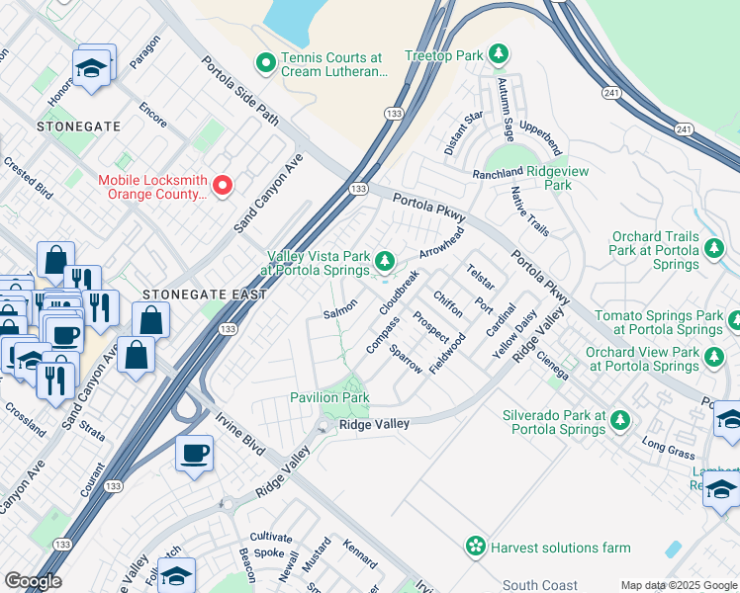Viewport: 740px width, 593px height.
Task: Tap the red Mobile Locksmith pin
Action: point(224,184)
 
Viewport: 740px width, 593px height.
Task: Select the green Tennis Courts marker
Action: point(265,64)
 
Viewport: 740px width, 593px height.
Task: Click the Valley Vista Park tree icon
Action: point(386,261)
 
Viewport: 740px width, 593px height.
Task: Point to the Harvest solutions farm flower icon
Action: point(476,547)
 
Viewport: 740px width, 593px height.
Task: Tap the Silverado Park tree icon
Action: point(620,421)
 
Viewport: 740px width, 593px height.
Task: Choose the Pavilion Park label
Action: point(329,397)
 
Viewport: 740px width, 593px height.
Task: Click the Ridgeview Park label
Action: point(557,178)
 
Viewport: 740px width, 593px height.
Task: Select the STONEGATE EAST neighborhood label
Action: point(204,295)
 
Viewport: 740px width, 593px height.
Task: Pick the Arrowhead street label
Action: point(441,243)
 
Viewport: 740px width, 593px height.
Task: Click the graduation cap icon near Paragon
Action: point(91,67)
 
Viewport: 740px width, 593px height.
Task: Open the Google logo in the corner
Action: point(33,581)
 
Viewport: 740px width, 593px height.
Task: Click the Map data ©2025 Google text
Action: point(679,585)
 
